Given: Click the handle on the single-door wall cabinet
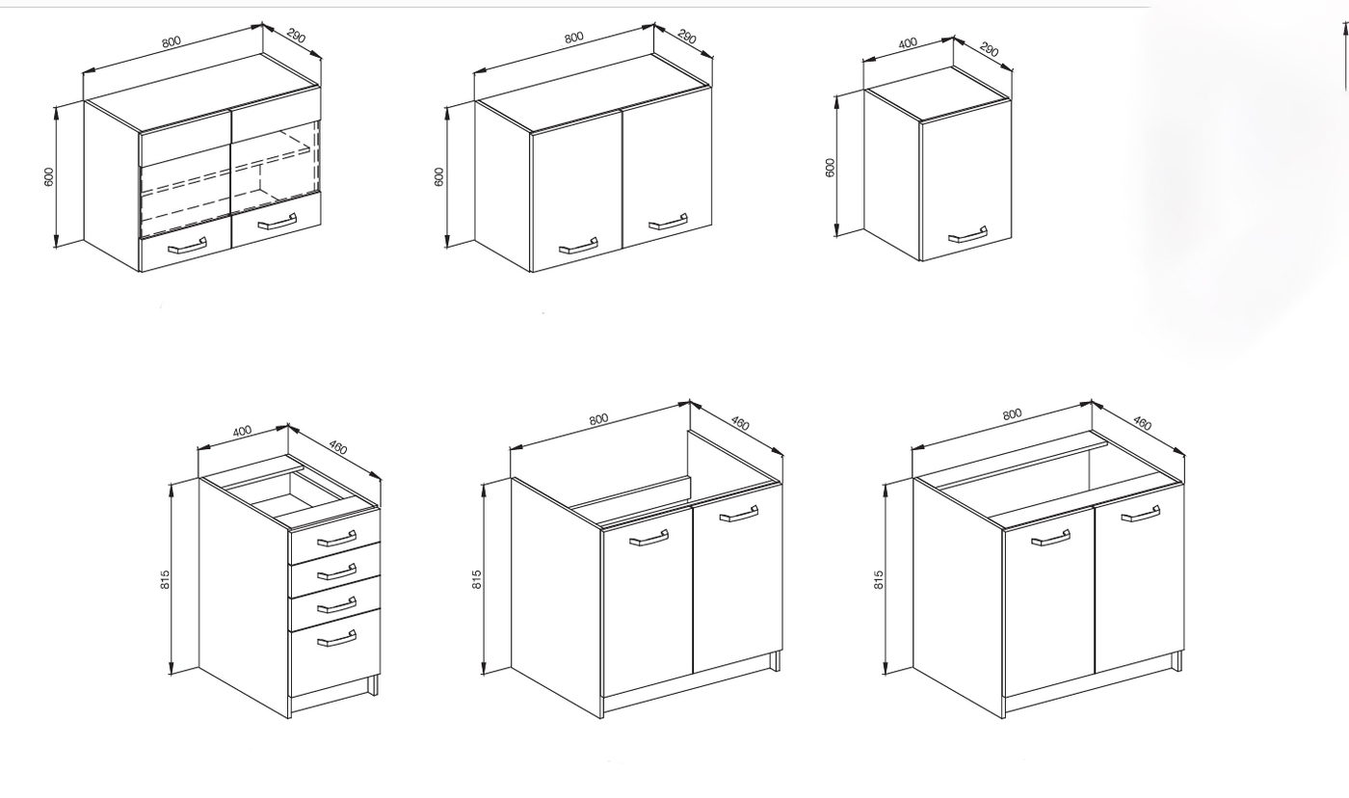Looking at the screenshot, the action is (967, 235).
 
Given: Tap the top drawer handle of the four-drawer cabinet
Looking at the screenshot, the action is (337, 539).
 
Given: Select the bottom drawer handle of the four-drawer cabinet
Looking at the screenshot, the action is (337, 639).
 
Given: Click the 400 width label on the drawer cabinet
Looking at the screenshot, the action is (242, 431).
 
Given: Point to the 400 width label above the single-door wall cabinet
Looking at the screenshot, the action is (908, 42).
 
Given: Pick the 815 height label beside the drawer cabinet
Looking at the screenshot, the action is (166, 579).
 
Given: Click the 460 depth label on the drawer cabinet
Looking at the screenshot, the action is (338, 447).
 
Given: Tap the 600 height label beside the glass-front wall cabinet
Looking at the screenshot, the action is (49, 175).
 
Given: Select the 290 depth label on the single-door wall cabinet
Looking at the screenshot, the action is (989, 49).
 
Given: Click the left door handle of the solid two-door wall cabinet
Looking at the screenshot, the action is (578, 247).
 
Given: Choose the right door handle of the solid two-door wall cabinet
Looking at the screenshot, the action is (669, 222).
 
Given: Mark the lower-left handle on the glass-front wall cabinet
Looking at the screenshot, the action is (187, 247).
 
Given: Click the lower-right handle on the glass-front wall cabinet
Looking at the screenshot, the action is (278, 223).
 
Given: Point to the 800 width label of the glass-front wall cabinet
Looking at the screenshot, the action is (172, 41).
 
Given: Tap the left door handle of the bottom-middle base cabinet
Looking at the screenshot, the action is (648, 539).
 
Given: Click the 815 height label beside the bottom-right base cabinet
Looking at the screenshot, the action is (879, 579).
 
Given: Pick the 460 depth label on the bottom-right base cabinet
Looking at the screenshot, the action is (1142, 423).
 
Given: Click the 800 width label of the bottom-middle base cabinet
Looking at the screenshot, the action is (598, 419).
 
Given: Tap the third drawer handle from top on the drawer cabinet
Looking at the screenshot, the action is (337, 604).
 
